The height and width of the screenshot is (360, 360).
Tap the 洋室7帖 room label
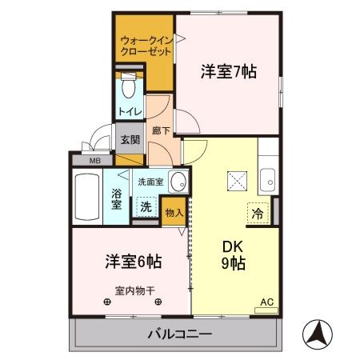point(228,71)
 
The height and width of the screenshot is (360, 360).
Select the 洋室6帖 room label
point(133,262)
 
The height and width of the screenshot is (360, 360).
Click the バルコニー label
point(179,333)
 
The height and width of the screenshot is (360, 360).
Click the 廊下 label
point(159,128)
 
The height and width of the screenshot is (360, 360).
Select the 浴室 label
point(117,198)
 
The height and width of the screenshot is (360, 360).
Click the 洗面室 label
point(150,182)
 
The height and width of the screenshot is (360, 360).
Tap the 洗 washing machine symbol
point(145,207)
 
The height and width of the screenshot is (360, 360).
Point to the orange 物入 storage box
point(174,212)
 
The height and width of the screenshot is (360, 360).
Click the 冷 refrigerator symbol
point(258,214)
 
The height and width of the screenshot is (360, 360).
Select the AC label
point(266,302)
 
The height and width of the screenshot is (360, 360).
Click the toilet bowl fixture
point(130,86)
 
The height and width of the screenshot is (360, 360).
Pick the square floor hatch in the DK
point(238,180)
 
